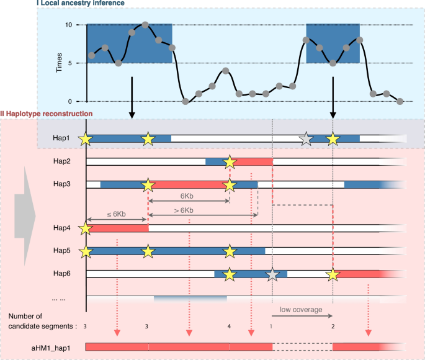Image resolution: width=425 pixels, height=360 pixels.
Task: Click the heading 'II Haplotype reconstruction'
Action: click(x=47, y=114)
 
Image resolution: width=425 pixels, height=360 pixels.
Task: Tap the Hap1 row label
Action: click(x=63, y=138)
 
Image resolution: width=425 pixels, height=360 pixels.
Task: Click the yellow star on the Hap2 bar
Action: click(x=230, y=162)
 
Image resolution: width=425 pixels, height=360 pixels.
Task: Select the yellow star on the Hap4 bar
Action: click(x=86, y=228)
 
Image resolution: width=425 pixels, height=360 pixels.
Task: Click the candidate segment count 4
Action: click(x=230, y=325)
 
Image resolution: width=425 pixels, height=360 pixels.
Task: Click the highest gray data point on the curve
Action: click(x=145, y=25)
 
